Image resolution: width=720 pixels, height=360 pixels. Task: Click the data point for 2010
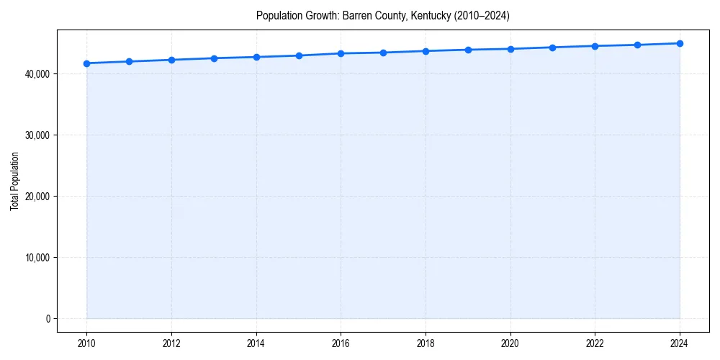[86, 63]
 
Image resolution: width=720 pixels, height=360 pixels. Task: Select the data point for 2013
[214, 58]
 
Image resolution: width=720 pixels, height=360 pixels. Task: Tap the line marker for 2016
[341, 53]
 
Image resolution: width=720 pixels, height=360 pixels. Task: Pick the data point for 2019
[468, 50]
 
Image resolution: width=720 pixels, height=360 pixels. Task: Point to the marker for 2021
[552, 48]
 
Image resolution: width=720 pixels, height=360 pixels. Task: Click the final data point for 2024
[680, 43]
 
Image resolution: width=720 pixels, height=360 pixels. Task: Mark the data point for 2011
[129, 61]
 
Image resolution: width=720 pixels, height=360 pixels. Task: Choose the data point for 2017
[383, 53]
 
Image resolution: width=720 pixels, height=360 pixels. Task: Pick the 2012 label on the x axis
[171, 343]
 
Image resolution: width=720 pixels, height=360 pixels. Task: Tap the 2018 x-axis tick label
[426, 343]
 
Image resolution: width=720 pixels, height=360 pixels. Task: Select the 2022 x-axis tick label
[595, 343]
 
